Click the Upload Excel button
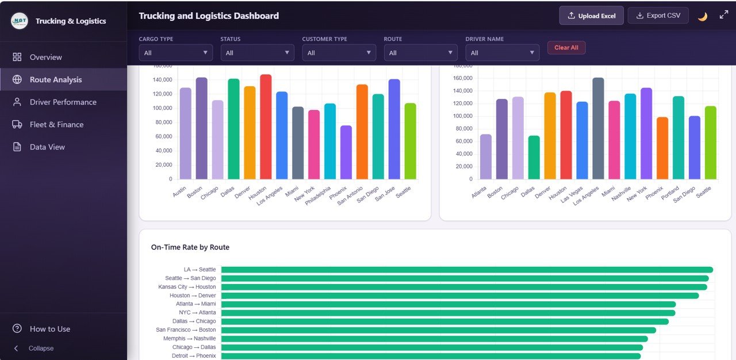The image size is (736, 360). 591,16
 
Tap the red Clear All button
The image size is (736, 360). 566,48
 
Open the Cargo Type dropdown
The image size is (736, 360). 175,53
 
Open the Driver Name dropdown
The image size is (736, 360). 502,53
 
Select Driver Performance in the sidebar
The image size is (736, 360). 63,102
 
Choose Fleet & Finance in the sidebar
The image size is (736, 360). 56,124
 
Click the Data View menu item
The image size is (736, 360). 47,147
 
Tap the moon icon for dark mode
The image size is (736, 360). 702,16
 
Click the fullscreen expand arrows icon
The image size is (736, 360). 723,16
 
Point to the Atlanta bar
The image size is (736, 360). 486,156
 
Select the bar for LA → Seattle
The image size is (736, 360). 466,270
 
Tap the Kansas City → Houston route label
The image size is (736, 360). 187,287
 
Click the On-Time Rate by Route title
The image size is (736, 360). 190,247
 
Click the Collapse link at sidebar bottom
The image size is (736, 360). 41,348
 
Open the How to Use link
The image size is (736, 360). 49,329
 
